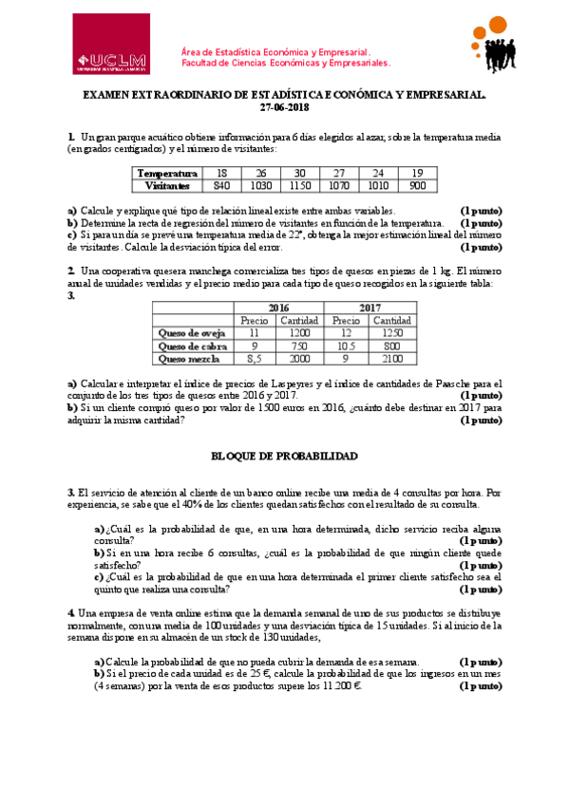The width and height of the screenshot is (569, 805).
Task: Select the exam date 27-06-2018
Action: [284, 108]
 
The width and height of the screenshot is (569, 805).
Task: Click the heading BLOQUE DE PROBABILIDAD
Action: [284, 457]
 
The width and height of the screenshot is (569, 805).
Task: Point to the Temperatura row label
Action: [167, 173]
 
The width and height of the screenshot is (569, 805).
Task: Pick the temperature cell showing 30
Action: [300, 173]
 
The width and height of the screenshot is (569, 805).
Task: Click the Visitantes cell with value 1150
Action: [300, 185]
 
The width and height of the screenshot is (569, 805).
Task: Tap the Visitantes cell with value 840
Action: [221, 185]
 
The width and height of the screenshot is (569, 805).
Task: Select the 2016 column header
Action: [278, 309]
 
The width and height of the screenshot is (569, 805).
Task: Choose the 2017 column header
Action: [370, 309]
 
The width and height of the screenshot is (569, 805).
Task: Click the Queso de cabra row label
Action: [193, 346]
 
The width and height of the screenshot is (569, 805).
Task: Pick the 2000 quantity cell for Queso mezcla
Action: [301, 359]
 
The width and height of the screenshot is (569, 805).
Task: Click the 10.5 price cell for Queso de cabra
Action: [347, 346]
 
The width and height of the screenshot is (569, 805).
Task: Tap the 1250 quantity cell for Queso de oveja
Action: [393, 333]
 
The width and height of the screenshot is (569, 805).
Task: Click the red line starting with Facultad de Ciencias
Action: [285, 64]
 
